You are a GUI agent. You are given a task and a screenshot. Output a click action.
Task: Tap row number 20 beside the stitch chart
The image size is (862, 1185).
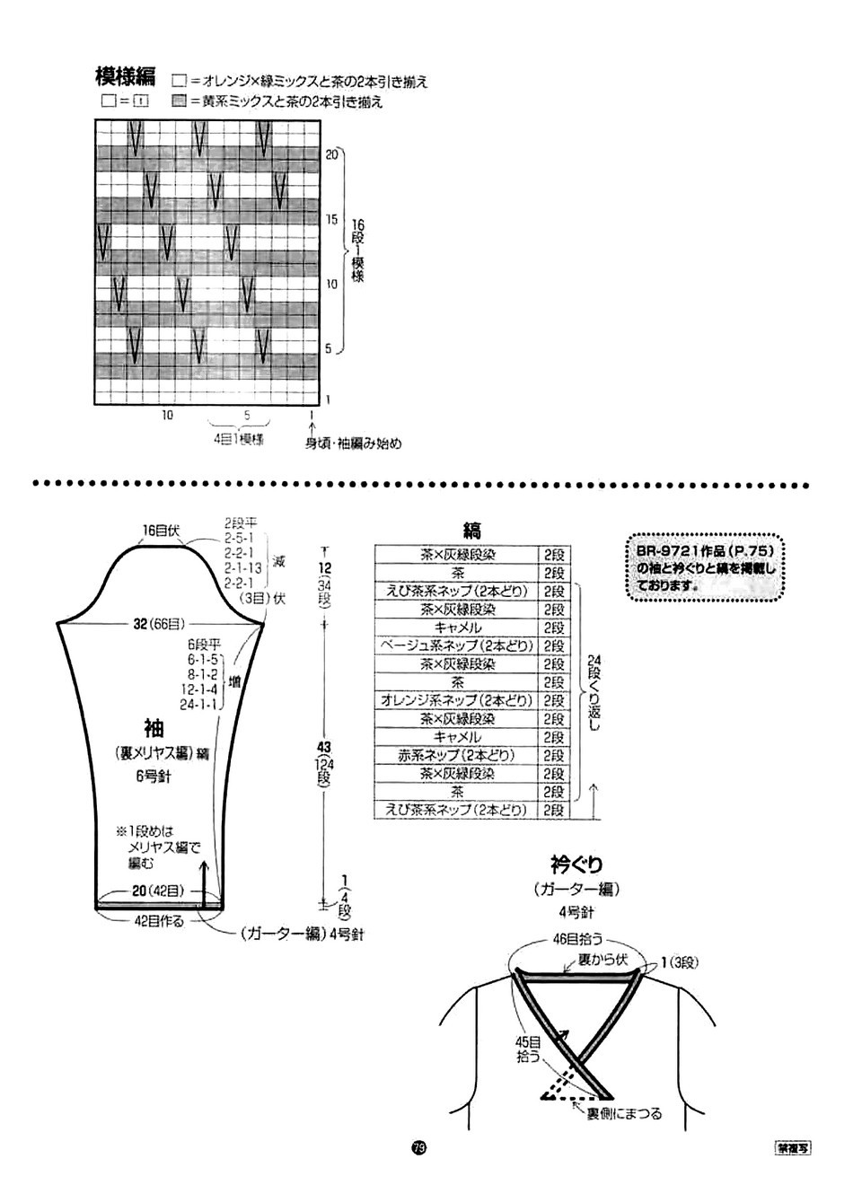coord(330,154)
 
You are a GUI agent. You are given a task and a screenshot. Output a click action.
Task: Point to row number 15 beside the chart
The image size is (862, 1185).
coord(330,219)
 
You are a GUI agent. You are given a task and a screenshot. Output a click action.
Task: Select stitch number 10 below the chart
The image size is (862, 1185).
coord(167,416)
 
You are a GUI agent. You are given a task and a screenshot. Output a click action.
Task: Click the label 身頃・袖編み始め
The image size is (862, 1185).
coord(353,443)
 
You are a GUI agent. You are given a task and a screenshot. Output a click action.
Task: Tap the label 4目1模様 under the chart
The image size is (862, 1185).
coord(238,440)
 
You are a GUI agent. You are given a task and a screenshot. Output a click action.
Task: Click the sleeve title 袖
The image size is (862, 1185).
coord(154,726)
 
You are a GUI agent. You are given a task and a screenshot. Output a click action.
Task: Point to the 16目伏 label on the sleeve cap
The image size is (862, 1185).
coord(161,531)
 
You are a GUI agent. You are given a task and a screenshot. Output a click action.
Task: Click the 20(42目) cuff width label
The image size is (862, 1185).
coord(158,891)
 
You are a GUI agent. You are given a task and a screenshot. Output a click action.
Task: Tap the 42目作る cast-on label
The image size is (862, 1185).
coord(158,921)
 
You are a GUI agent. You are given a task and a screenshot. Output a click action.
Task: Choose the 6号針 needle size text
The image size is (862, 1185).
coord(154,777)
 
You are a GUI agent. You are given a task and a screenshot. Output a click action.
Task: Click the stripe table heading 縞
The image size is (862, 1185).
coord(472,531)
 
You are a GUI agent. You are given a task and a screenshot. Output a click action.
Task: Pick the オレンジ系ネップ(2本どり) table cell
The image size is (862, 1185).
coord(456,700)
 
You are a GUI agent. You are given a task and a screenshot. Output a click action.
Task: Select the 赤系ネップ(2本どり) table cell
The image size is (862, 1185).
coord(456,755)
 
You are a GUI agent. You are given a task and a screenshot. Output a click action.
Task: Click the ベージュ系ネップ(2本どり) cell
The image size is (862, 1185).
coord(456,645)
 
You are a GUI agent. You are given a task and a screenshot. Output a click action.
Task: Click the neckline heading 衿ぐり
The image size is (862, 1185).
coord(576,865)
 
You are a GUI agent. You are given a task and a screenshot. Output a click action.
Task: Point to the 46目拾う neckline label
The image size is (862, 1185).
coord(576,939)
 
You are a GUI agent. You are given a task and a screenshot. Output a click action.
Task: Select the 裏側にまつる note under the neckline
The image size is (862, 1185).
coord(624,1114)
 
